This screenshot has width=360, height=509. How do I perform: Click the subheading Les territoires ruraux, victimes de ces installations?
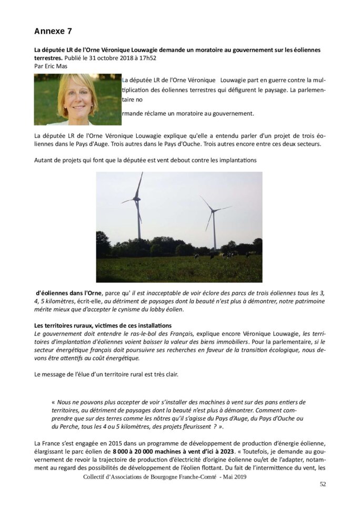(103, 326)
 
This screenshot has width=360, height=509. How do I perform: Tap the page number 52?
(323, 484)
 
